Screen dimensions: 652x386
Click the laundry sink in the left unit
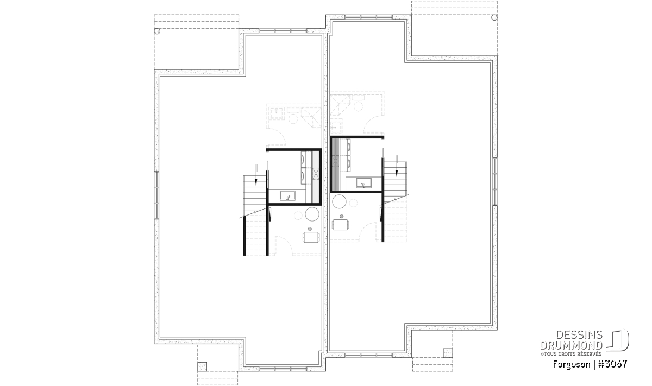click(287, 195)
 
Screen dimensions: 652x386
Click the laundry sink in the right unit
click(363, 183)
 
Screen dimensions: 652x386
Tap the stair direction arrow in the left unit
click(256, 174)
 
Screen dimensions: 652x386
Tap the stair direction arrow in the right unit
click(397, 166)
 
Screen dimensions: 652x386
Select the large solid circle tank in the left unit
click(312, 214)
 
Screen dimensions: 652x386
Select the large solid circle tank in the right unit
click(340, 201)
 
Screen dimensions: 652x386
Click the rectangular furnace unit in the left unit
click(311, 237)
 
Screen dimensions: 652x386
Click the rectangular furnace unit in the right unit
click(340, 225)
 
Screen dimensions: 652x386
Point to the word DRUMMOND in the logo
click(572, 345)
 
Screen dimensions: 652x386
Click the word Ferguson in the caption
click(572, 364)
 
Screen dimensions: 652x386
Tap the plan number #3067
click(612, 364)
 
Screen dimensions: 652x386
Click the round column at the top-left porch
click(157, 31)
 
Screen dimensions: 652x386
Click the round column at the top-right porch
click(494, 17)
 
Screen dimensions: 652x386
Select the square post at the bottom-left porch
click(202, 366)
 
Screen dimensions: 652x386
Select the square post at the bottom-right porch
click(448, 353)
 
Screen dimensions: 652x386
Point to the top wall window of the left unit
click(283, 30)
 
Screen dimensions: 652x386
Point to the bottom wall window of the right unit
click(368, 355)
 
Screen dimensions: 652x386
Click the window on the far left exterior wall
click(156, 195)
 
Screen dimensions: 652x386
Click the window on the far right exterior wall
click(495, 181)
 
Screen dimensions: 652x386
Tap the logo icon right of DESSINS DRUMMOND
click(617, 340)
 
